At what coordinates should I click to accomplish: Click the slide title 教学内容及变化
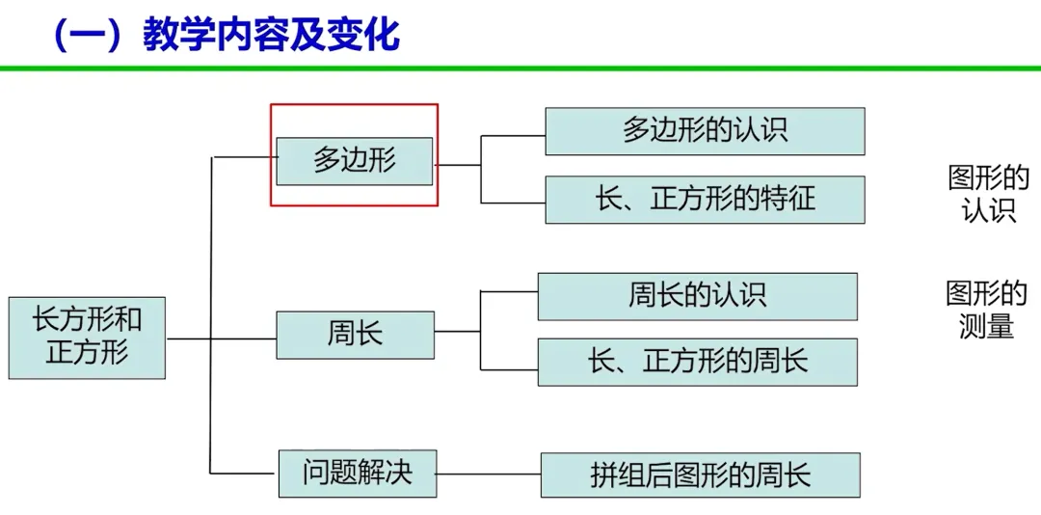point(270,36)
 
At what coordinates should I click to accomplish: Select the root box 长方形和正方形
point(87,337)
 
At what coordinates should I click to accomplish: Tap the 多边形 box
point(354,160)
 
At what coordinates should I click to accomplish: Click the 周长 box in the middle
point(355,334)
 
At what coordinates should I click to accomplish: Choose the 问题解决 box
point(358,473)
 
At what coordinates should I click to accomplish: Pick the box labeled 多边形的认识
point(705,131)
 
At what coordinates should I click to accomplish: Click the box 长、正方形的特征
point(705,199)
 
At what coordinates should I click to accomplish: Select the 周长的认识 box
point(697,295)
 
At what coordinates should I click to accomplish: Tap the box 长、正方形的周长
point(697,362)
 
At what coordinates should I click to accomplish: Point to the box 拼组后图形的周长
point(700,474)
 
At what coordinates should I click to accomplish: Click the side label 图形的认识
point(989,194)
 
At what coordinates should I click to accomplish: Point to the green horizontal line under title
point(520,68)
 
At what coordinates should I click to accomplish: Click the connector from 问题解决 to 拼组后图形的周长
point(488,474)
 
